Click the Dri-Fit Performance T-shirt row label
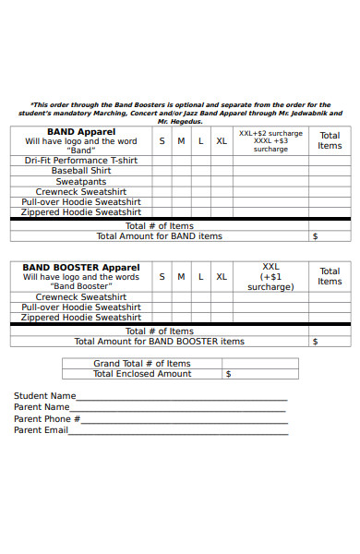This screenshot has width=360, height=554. point(81,160)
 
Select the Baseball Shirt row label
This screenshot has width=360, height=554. point(81,171)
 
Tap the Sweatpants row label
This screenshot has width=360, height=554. point(81,181)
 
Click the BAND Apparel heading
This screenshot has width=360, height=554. point(81,132)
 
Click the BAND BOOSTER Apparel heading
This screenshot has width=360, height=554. point(81,267)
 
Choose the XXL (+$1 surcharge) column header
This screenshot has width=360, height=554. point(270,276)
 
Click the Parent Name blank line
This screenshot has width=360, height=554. point(179,410)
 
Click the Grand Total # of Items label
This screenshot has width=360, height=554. point(142,364)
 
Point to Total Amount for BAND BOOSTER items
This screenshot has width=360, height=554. point(160,342)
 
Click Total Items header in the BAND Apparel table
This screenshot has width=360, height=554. point(330,140)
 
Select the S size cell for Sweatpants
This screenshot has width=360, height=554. point(162,181)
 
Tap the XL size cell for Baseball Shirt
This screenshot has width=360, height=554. point(222,171)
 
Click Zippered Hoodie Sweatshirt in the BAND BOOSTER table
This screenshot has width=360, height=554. point(81,317)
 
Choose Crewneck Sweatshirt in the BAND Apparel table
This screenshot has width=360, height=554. point(81,191)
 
